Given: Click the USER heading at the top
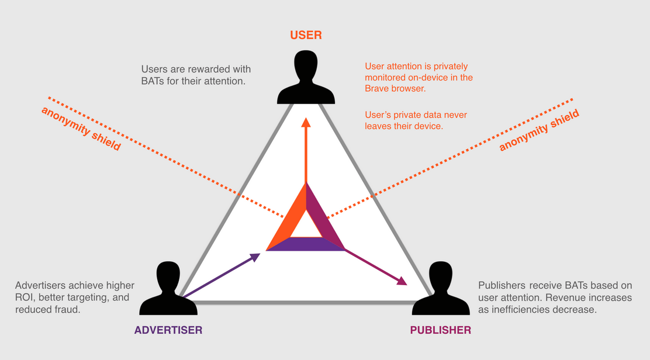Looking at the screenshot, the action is pos(306,35).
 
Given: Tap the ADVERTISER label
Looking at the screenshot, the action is pos(168,330).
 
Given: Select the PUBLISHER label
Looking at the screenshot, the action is pos(441,330).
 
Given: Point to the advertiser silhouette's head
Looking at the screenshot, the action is pos(168,275).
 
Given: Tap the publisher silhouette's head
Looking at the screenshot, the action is pos(441,275).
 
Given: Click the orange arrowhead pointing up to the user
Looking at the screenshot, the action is pos(306,122).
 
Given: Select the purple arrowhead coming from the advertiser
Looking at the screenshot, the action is pos(254,257).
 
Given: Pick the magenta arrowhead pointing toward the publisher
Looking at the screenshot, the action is pos(401,281).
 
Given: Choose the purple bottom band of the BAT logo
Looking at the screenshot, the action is pos(306,244).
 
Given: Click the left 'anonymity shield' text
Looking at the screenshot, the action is pos(81,129).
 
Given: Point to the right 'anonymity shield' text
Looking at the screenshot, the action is pos(539,130).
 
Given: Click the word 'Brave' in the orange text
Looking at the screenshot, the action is pos(376,89).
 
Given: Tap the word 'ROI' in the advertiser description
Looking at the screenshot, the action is pos(24,297).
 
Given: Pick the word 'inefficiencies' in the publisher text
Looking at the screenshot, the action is pos(518,310).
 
